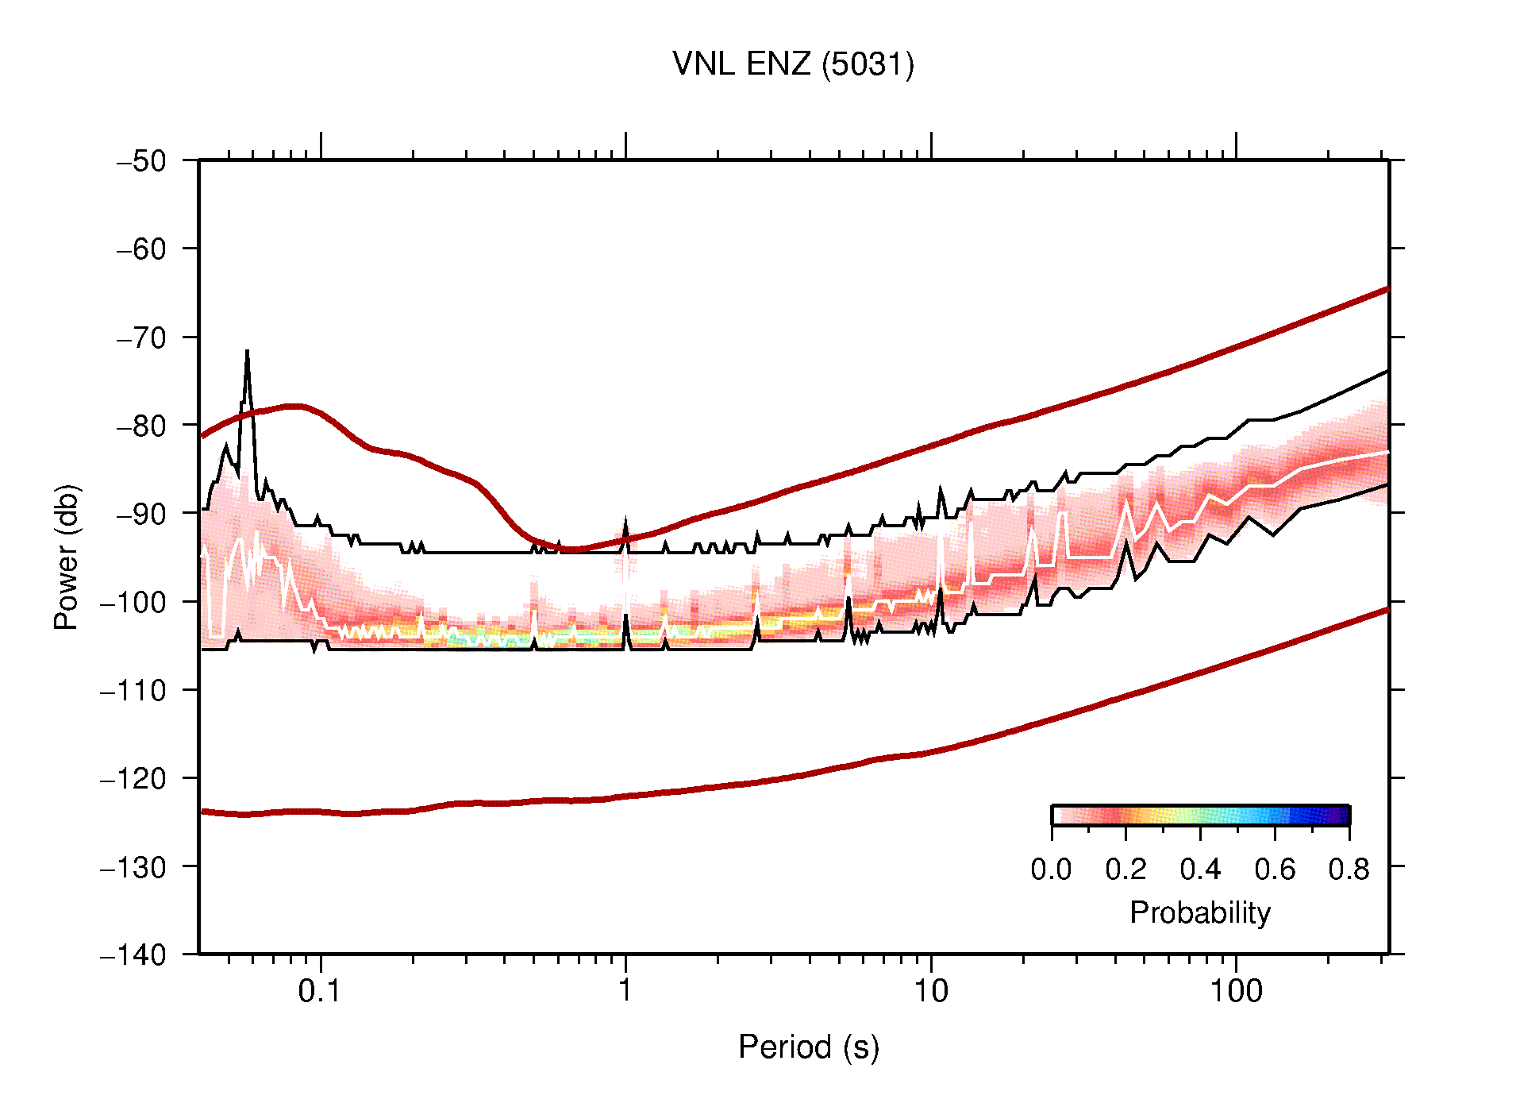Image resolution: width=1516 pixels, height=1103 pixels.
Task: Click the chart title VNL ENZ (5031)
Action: (793, 64)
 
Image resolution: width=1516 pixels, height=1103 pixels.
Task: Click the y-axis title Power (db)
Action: (67, 557)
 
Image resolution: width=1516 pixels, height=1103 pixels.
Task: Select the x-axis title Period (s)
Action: (808, 1047)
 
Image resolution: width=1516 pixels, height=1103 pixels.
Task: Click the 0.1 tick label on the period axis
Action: (320, 991)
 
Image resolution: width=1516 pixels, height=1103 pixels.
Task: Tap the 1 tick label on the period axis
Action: (625, 991)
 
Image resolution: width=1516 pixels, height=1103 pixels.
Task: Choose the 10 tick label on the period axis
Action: (930, 991)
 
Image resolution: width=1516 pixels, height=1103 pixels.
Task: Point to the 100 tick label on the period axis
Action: (1235, 991)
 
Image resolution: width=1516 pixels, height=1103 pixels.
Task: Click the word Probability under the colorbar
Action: (1199, 912)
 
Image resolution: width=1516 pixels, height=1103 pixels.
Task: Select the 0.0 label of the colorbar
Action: (1051, 870)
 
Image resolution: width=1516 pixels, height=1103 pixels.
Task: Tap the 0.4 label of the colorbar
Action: (1200, 870)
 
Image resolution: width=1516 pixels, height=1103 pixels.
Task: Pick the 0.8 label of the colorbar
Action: (1349, 870)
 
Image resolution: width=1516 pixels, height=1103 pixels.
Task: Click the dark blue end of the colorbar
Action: (1341, 816)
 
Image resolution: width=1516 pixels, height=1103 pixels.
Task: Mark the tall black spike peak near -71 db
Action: (248, 352)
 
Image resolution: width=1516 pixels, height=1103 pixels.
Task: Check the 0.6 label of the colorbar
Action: (1275, 870)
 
